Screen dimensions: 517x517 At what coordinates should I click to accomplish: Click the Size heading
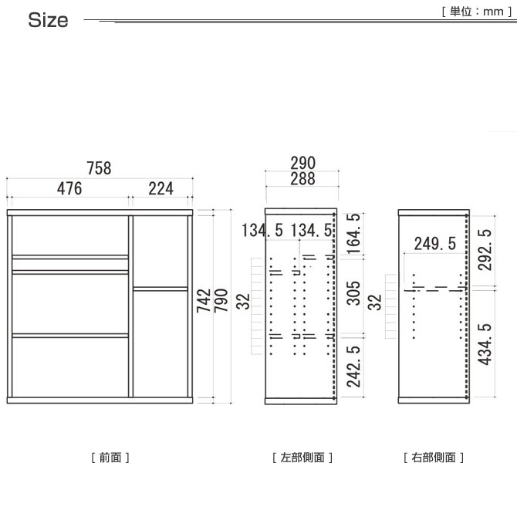[48, 20]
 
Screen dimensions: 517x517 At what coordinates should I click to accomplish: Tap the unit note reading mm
[493, 12]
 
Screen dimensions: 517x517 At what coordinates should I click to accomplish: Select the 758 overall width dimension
[99, 168]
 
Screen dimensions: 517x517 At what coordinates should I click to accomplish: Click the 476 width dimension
[69, 188]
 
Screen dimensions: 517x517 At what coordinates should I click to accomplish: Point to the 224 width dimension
[161, 188]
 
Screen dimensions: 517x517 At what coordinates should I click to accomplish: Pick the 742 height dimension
[204, 300]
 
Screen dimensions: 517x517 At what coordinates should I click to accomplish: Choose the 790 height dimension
[221, 300]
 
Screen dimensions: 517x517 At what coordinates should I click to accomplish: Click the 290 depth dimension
[302, 163]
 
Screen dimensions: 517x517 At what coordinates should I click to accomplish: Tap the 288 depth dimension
[302, 179]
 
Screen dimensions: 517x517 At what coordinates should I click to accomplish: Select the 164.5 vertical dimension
[353, 234]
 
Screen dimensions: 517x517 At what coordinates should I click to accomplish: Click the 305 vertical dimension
[353, 293]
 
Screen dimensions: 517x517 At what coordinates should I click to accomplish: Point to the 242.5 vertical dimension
[353, 367]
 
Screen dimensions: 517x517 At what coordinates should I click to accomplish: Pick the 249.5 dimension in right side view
[435, 244]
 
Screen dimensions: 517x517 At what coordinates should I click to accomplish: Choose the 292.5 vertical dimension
[485, 250]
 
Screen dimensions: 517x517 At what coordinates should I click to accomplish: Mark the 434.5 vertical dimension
[485, 345]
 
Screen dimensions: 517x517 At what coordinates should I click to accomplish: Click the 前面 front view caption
[110, 458]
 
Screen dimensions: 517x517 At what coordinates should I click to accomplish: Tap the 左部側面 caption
[302, 458]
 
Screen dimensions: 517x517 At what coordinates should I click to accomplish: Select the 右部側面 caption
[434, 458]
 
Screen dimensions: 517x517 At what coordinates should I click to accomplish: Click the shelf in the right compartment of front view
[161, 289]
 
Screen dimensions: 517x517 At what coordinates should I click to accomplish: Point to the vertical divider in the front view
[130, 306]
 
